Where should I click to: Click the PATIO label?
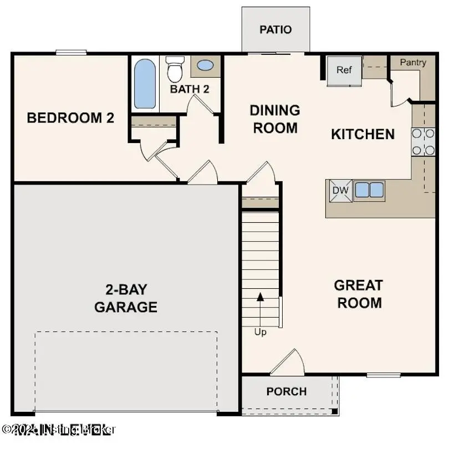point(275,29)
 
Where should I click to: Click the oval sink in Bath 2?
point(205,65)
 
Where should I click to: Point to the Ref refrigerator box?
point(344,70)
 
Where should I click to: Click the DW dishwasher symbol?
point(339,190)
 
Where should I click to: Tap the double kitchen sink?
point(369,190)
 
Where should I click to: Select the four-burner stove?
point(423,141)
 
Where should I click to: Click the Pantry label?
point(413,63)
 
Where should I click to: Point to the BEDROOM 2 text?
point(70,118)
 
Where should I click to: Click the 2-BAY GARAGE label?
point(125,298)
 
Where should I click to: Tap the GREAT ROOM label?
point(359,294)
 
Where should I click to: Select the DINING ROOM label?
point(275,119)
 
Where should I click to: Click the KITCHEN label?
point(363,134)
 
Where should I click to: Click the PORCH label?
point(286,391)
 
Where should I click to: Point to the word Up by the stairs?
point(260,332)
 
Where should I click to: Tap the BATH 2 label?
point(189,89)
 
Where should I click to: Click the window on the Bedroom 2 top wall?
point(71,53)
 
